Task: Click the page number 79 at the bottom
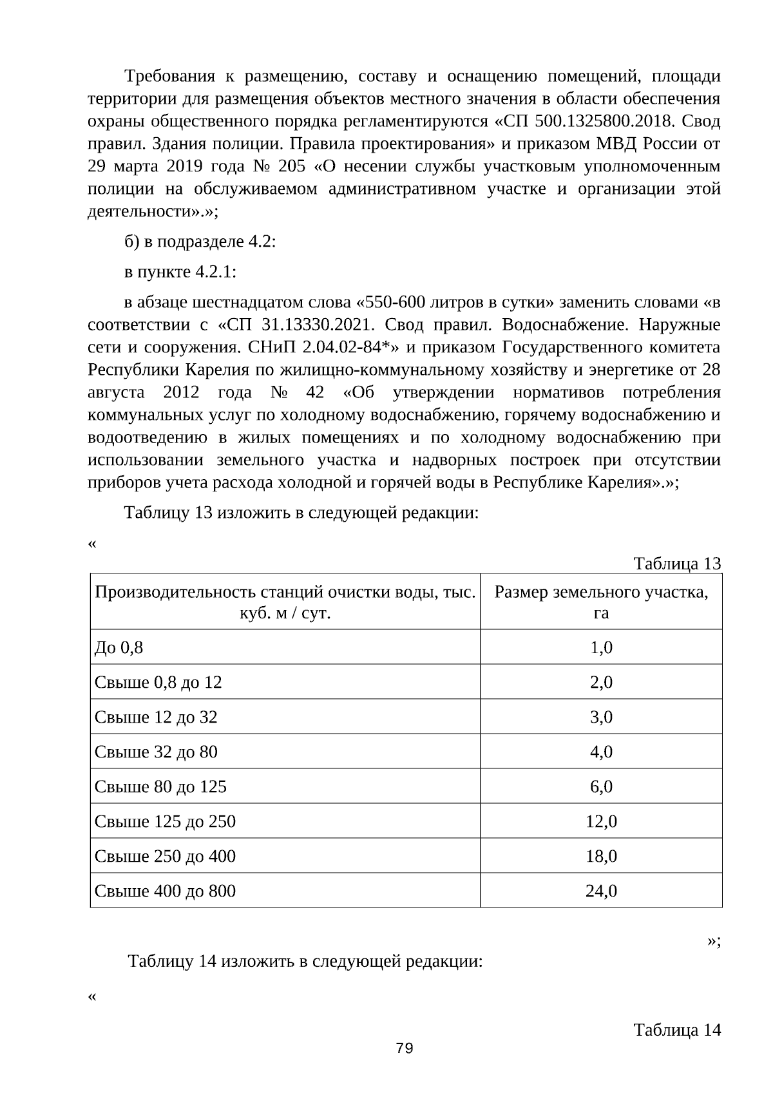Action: pos(405,1048)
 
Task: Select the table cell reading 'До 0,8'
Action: pos(119,647)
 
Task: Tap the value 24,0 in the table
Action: pos(601,891)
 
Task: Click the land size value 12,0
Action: pos(601,821)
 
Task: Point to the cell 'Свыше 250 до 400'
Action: pos(165,856)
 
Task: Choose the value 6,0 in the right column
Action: pos(601,786)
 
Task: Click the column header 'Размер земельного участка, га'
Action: pos(601,602)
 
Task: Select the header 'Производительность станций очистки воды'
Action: pos(285,602)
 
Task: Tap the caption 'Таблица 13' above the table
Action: pos(677,564)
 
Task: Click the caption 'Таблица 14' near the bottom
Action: pos(677,1030)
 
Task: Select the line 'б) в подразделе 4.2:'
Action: pos(200,242)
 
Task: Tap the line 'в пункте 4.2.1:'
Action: pos(180,272)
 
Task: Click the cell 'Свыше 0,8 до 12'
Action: pos(158,682)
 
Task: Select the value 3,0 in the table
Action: pos(601,717)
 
